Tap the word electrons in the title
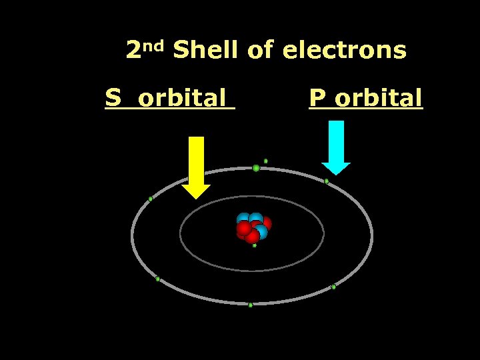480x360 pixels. [344, 51]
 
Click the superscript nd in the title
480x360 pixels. [154, 45]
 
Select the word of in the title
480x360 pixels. [260, 51]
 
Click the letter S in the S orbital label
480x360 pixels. [113, 99]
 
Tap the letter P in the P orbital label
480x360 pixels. [317, 99]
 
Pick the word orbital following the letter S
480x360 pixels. [182, 99]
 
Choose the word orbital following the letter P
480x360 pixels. [378, 99]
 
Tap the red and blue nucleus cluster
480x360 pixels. [253, 227]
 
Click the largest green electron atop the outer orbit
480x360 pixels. [256, 168]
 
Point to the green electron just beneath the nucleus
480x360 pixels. [254, 245]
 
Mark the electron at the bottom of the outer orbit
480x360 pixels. [251, 305]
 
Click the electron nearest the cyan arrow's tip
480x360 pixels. [327, 181]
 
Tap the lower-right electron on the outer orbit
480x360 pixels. [333, 287]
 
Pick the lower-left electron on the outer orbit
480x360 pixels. [158, 279]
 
